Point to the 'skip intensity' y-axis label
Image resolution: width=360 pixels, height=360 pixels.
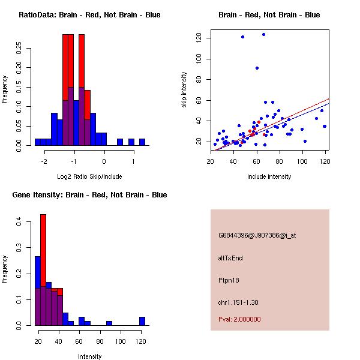coord(184,90)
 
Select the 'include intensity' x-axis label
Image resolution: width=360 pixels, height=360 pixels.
coord(269,176)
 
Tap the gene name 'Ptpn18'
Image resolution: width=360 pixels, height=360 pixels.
coord(229,280)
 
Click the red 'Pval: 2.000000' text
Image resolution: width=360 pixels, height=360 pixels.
coord(239,319)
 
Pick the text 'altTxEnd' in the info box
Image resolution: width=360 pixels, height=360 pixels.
coord(230,258)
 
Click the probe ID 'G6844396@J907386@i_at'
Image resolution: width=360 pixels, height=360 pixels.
coord(257,235)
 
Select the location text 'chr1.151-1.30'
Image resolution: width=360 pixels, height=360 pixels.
coord(238,302)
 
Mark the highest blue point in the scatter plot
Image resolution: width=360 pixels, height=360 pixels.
coord(263,35)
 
